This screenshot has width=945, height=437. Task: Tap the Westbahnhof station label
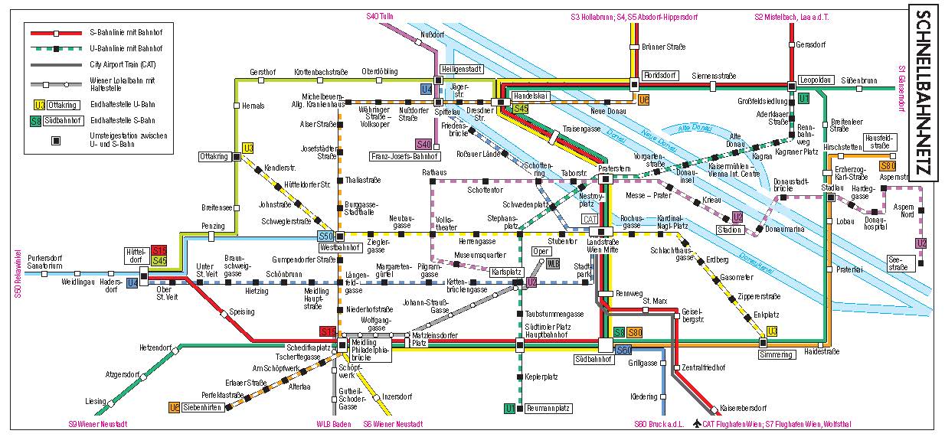pyautogui.click(x=339, y=248)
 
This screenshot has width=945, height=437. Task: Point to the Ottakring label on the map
pyautogui.click(x=214, y=156)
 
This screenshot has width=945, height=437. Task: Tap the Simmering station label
pyautogui.click(x=776, y=355)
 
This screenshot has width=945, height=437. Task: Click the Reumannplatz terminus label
pyautogui.click(x=549, y=409)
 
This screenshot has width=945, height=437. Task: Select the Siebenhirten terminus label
pyautogui.click(x=203, y=407)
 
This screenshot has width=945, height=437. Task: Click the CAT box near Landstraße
pyautogui.click(x=590, y=220)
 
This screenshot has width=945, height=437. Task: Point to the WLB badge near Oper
pyautogui.click(x=553, y=263)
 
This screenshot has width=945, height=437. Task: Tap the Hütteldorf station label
pyautogui.click(x=136, y=256)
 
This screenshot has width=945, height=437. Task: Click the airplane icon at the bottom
pyautogui.click(x=695, y=423)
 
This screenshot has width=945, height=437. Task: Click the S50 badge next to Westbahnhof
pyautogui.click(x=325, y=236)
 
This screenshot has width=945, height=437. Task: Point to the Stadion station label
pyautogui.click(x=729, y=229)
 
